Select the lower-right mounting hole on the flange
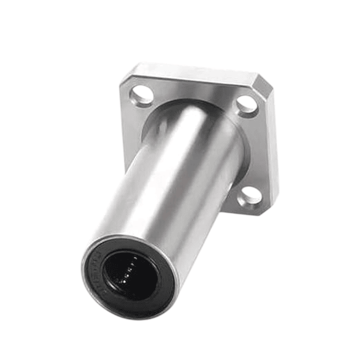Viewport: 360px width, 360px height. coord(250,197)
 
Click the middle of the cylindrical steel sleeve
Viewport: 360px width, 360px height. coord(170,190)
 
